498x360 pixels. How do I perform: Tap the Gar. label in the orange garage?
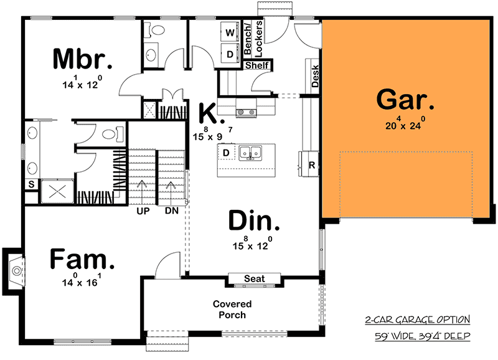(405, 100)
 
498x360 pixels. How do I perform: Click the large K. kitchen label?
(207, 115)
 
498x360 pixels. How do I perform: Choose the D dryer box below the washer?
(230, 54)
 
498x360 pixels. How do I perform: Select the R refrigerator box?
(311, 165)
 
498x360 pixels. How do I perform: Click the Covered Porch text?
(232, 310)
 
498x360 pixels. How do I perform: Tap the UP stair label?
(142, 211)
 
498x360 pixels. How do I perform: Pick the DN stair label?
(172, 211)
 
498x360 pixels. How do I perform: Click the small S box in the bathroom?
(31, 184)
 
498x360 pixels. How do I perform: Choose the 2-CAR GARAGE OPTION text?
(416, 320)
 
